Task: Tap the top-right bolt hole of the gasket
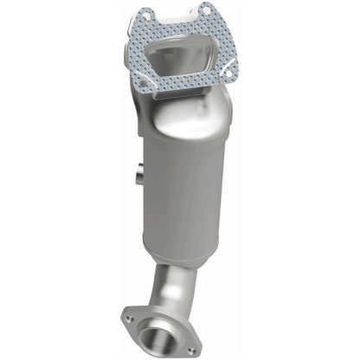[208, 10]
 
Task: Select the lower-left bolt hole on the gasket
[143, 83]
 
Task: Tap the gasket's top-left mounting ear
[145, 17]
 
